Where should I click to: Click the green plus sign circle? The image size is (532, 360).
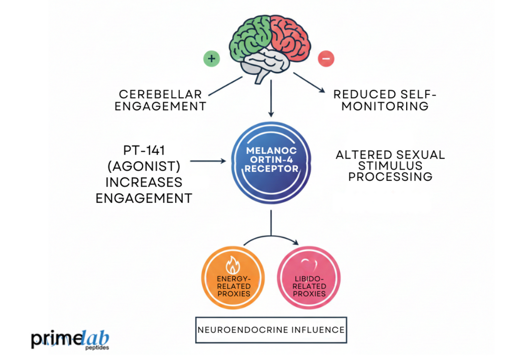pyautogui.click(x=211, y=59)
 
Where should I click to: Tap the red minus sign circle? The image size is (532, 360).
pyautogui.click(x=325, y=59)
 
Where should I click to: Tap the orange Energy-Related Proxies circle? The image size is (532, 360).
pyautogui.click(x=233, y=279)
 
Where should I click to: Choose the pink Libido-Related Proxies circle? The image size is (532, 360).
pyautogui.click(x=309, y=279)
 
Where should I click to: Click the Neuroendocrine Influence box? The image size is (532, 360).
pyautogui.click(x=271, y=330)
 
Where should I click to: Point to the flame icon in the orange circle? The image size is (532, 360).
pyautogui.click(x=233, y=265)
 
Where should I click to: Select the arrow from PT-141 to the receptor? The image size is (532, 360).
pyautogui.click(x=208, y=161)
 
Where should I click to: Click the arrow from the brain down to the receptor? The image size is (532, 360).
pyautogui.click(x=271, y=99)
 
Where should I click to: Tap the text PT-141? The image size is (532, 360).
pyautogui.click(x=144, y=150)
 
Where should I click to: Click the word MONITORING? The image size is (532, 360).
pyautogui.click(x=385, y=106)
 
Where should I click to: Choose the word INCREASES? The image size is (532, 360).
pyautogui.click(x=144, y=182)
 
